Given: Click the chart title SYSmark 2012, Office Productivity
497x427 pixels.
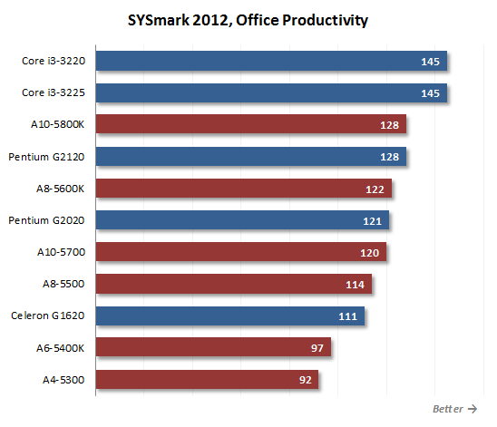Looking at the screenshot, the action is click(248, 21).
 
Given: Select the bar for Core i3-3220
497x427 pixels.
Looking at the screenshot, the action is click(271, 61).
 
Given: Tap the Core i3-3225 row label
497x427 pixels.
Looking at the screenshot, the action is click(54, 92).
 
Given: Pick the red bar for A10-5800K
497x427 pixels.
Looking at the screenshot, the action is click(251, 124).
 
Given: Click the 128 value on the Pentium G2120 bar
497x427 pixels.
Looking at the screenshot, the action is click(390, 157).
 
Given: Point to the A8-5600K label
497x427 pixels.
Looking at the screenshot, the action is click(60, 189).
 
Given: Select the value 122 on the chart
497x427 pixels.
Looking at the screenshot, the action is click(375, 189).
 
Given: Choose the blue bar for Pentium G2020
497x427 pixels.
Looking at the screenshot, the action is click(242, 219).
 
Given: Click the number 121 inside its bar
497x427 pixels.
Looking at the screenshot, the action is click(372, 221).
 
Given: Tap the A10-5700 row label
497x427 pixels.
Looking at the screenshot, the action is click(61, 252).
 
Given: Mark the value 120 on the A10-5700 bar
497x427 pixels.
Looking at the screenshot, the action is click(370, 253).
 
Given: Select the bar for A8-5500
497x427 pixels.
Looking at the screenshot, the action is click(234, 284).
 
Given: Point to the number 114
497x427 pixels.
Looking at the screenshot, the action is click(355, 285).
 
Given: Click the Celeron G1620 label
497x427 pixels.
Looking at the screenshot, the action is click(47, 315).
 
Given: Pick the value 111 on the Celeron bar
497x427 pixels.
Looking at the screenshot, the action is click(347, 316).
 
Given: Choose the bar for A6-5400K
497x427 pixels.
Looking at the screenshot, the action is click(213, 347).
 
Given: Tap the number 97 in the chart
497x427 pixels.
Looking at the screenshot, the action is click(317, 348).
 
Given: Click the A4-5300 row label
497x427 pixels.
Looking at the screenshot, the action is click(63, 380).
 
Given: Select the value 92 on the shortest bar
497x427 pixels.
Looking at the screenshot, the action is click(306, 380).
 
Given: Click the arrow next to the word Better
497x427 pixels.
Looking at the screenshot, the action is click(473, 409).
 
